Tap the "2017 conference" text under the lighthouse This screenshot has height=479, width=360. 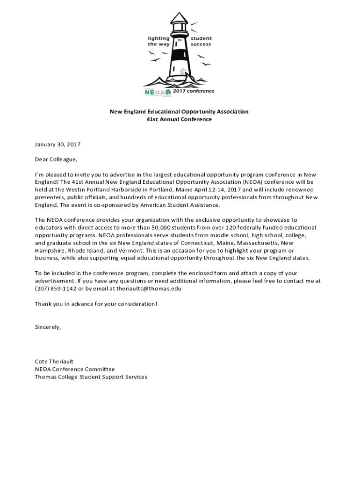coord(194,91)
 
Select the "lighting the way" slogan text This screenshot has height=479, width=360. coord(158,41)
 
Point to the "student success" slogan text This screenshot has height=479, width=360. coord(201,41)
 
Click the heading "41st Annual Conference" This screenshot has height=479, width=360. coord(179,119)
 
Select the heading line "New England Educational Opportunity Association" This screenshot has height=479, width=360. coord(179,111)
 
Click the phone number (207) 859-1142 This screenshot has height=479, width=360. coord(56,289)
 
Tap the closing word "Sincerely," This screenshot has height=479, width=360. coord(48,327)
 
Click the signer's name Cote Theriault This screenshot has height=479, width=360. coord(54,361)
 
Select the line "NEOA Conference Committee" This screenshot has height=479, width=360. coord(75,369)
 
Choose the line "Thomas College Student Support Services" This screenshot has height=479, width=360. coord(91,377)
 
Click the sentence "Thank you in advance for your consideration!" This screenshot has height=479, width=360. coord(96,304)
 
